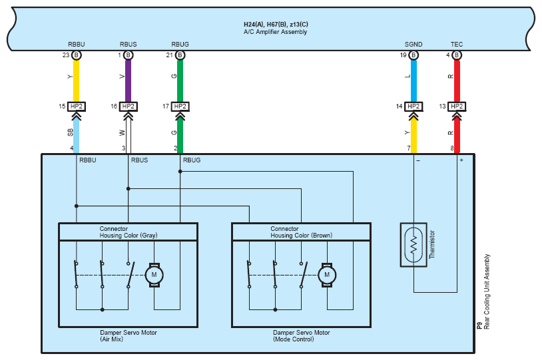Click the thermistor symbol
coord(413,245)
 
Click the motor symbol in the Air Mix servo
coord(154,275)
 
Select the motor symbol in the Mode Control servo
coord(327,275)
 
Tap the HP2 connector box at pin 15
coord(77,106)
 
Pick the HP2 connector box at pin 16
coord(129,106)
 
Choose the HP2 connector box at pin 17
coord(180,106)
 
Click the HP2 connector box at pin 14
coord(413,106)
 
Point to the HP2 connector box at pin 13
coord(457,106)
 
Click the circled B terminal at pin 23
coord(77,55)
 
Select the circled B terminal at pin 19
coord(413,55)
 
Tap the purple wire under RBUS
coord(129,81)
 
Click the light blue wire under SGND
coord(413,81)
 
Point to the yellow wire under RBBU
coord(77,81)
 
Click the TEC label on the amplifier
coord(457,44)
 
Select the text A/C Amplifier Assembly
coord(275,32)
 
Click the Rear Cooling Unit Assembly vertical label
coord(487,291)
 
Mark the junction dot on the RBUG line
coord(180,172)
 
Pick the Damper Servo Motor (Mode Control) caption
coord(301,336)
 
